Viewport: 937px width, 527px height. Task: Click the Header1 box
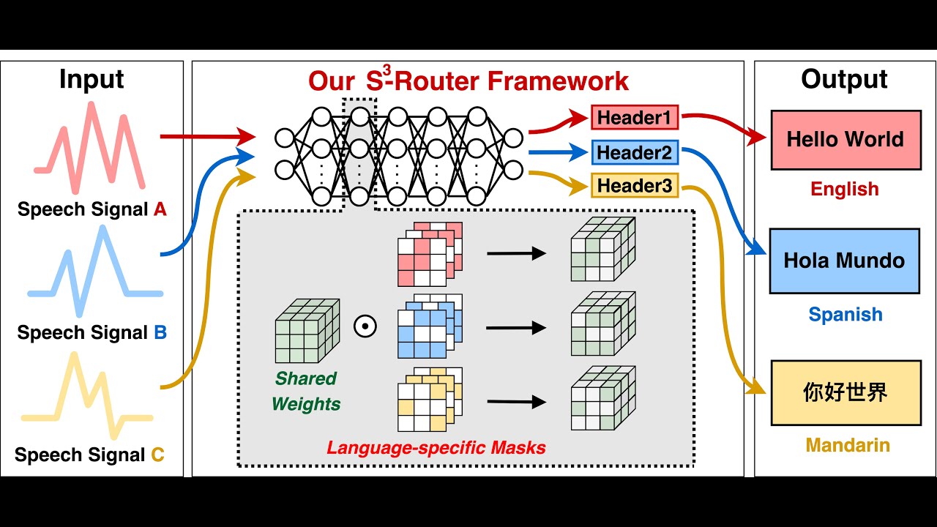[635, 117]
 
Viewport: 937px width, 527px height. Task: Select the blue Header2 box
[635, 152]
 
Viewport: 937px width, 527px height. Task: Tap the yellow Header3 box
[635, 186]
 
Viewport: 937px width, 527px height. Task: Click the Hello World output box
[845, 140]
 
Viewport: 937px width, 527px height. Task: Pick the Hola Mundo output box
[844, 261]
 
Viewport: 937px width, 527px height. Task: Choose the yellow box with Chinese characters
[845, 392]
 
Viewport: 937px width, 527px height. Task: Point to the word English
[844, 189]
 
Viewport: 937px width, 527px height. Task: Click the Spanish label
[845, 315]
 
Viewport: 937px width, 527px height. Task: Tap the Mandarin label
[848, 445]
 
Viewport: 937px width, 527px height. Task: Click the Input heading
[92, 79]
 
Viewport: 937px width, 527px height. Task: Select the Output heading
[844, 79]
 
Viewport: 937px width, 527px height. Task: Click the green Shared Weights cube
[307, 331]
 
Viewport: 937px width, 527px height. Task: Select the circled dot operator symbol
[365, 326]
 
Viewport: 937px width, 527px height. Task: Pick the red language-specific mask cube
[429, 253]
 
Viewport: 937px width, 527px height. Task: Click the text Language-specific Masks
[436, 447]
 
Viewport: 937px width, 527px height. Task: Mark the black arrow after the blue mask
[516, 327]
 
